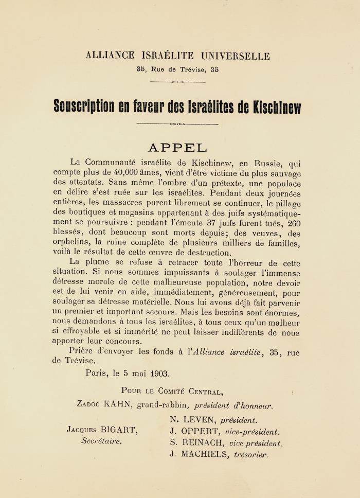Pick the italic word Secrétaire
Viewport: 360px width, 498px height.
coord(102,441)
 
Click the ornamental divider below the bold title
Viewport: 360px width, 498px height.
coord(177,124)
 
